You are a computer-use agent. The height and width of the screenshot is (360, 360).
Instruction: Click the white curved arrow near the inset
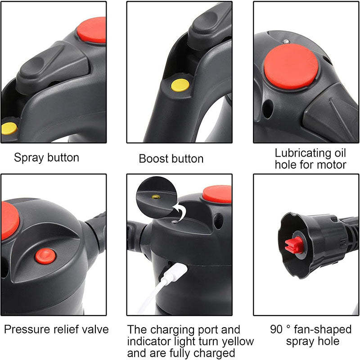click(x=182, y=211)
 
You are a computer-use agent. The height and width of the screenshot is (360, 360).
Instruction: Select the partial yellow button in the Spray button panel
click(x=8, y=128)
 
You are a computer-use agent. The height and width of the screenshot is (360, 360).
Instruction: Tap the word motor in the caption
click(x=332, y=165)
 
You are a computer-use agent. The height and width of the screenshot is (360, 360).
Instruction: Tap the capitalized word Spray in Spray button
click(x=28, y=158)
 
